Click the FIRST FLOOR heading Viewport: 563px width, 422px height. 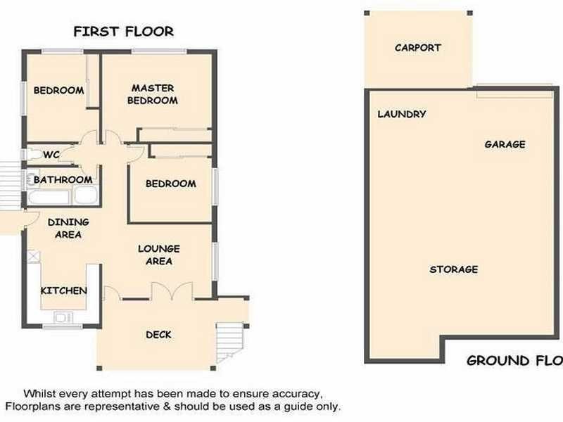124,32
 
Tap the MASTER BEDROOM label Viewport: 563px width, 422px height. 153,94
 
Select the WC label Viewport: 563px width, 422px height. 51,155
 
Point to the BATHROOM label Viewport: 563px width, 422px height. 63,180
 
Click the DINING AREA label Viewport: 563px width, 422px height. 68,229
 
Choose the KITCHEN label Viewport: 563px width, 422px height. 64,290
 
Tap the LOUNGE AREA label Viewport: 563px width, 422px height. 159,255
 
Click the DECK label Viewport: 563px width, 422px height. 158,334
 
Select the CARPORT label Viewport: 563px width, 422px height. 418,48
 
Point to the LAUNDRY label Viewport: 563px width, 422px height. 402,114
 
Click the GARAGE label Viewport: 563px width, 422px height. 505,144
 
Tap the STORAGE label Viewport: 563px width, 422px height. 454,269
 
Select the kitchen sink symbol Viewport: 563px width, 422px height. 63,318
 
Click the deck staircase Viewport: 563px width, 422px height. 227,341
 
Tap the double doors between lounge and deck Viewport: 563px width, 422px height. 172,290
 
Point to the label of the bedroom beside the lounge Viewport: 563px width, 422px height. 170,184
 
